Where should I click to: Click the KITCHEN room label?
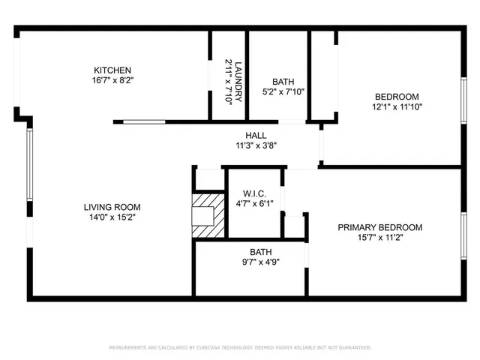(x=112, y=70)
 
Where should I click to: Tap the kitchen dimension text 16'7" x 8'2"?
(x=112, y=81)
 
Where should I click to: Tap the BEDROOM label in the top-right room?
(x=397, y=97)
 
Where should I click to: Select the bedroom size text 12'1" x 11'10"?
(x=397, y=107)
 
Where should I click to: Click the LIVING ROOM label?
(x=112, y=207)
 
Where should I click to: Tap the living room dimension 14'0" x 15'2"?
(x=112, y=217)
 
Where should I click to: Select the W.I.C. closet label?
(x=255, y=193)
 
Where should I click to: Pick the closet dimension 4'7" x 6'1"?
(x=255, y=203)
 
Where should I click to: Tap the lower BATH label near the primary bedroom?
(x=260, y=253)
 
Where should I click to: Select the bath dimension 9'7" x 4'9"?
(x=260, y=263)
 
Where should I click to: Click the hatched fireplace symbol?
(x=207, y=217)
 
